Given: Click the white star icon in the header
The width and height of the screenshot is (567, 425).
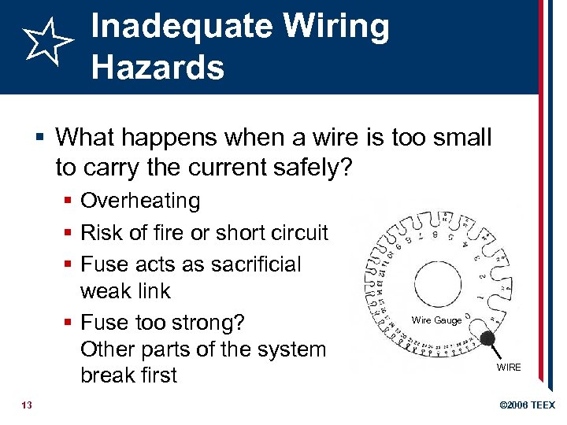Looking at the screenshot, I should click(x=48, y=43).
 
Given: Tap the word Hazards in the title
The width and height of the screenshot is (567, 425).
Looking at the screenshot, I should click(x=157, y=67).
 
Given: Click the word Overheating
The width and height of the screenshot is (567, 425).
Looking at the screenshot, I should click(x=140, y=201).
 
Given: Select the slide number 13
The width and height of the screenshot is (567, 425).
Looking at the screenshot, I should click(x=27, y=405).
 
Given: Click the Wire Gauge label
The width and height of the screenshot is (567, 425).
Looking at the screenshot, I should click(x=437, y=320).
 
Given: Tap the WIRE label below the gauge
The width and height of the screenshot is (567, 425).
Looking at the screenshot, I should click(x=508, y=368).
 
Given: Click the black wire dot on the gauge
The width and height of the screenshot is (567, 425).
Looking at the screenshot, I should click(x=488, y=339).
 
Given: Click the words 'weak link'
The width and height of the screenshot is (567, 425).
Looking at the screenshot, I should click(x=125, y=291).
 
